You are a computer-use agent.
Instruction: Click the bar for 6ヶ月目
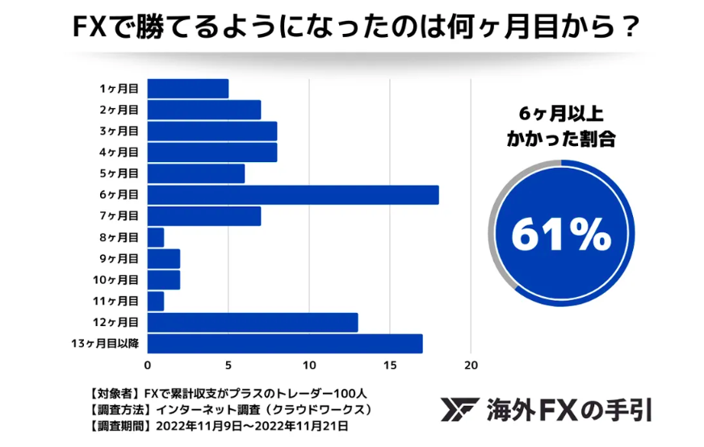(293, 194)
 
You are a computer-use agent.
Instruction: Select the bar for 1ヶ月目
(188, 88)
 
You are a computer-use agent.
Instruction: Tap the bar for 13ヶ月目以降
(285, 344)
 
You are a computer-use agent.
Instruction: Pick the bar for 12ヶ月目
(253, 323)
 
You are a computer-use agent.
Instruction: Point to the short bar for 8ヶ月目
(156, 237)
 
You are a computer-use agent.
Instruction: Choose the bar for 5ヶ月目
(196, 173)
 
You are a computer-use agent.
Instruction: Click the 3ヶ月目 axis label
(119, 131)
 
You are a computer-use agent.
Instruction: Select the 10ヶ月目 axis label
(116, 280)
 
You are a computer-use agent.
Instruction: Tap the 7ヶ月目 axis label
(119, 216)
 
